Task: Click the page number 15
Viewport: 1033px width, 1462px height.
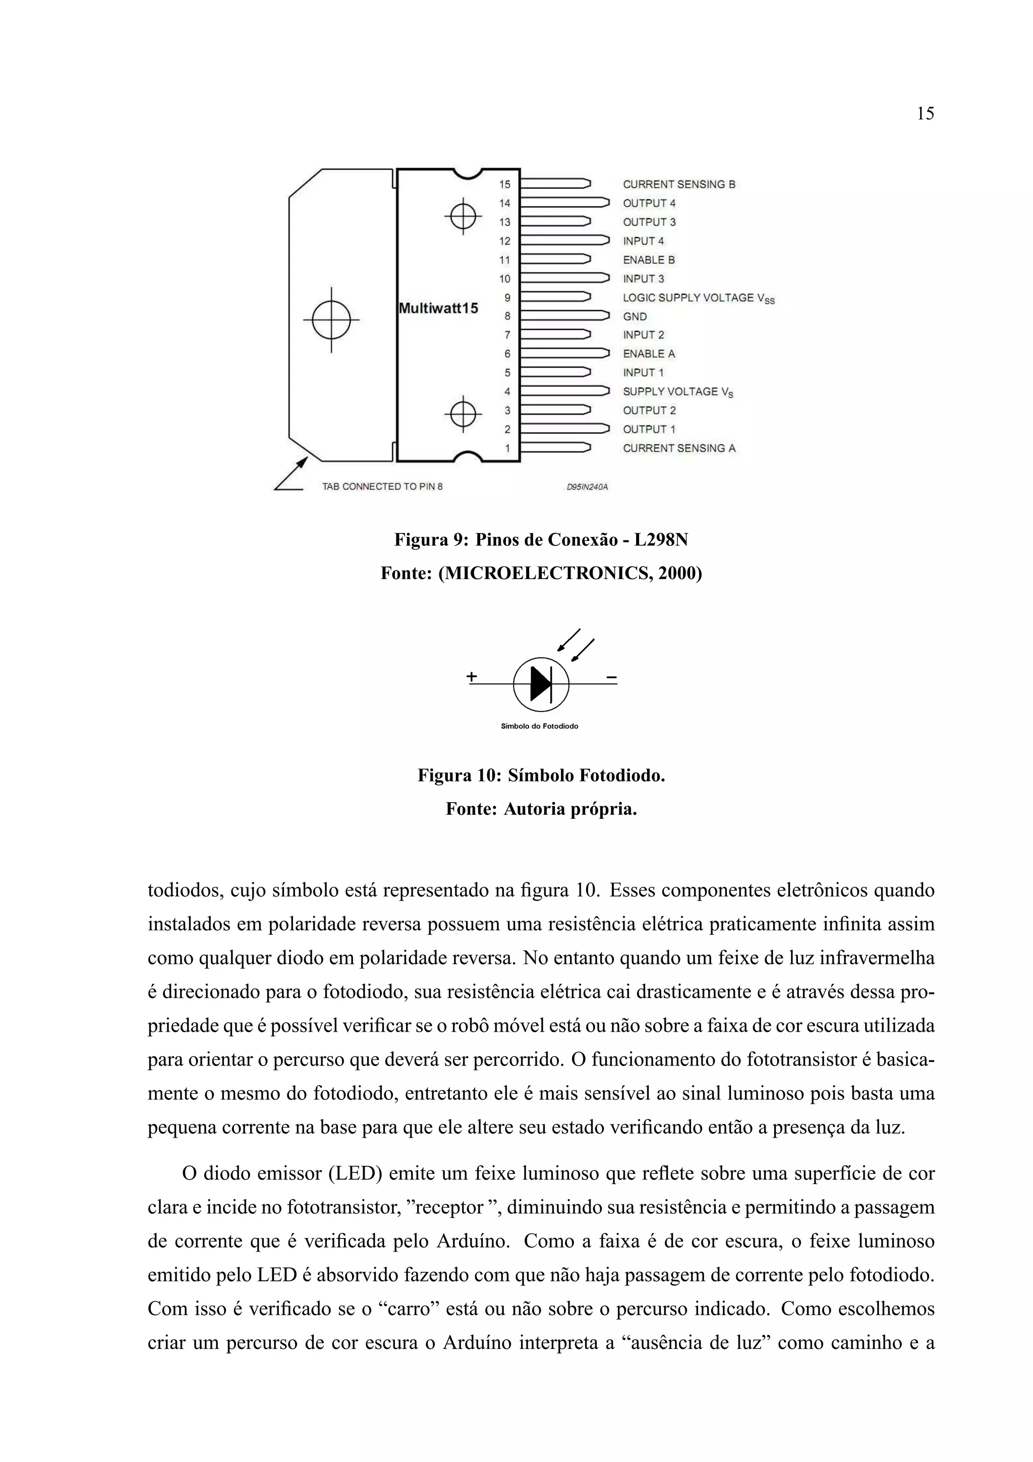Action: pyautogui.click(x=925, y=114)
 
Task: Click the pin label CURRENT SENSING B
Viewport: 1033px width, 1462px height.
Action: pyautogui.click(x=678, y=185)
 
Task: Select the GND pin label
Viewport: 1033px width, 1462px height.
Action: pyautogui.click(x=635, y=316)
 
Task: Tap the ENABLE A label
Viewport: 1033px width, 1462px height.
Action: pyautogui.click(x=649, y=354)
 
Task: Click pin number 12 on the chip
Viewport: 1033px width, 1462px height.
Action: pyautogui.click(x=505, y=241)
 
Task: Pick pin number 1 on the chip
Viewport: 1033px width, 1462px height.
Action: pyautogui.click(x=507, y=448)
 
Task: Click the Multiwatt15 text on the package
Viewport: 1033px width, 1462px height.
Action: pyautogui.click(x=438, y=309)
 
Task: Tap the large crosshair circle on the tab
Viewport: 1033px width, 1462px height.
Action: pyautogui.click(x=331, y=320)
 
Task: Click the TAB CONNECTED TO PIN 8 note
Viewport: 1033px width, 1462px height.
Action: pyautogui.click(x=382, y=486)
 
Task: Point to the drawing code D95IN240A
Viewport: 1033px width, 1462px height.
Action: pyautogui.click(x=587, y=487)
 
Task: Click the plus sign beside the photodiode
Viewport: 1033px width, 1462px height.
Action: pyautogui.click(x=472, y=676)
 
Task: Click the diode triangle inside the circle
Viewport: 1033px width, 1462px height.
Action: pyautogui.click(x=540, y=684)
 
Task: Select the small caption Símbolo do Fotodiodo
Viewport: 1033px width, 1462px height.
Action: pyautogui.click(x=539, y=726)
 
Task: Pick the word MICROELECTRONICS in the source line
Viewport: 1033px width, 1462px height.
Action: pyautogui.click(x=542, y=574)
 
